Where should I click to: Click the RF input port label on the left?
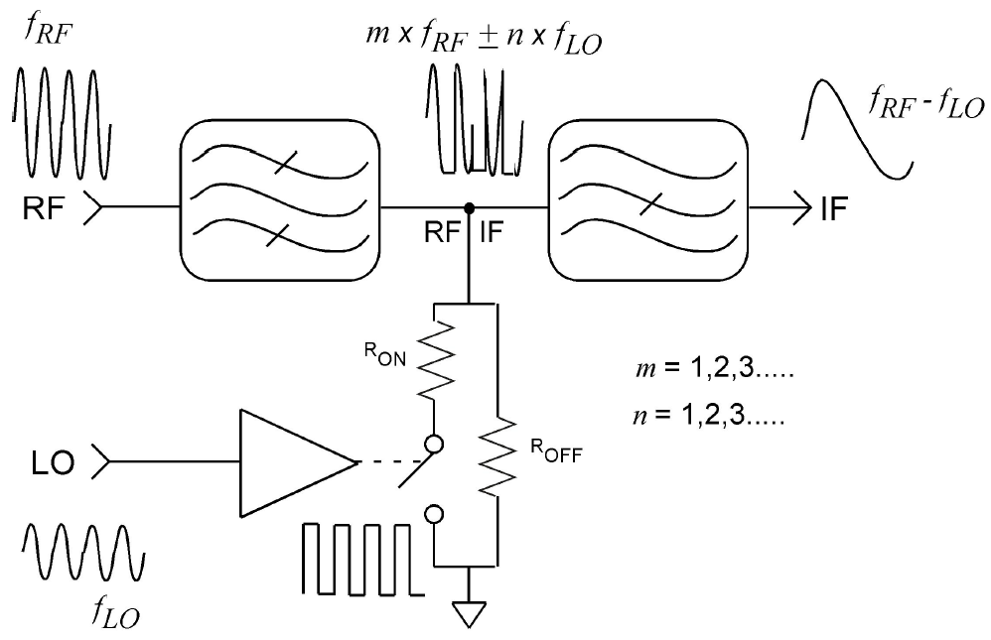pyautogui.click(x=44, y=207)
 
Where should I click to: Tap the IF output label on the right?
pyautogui.click(x=834, y=208)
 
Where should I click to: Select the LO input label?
pyautogui.click(x=53, y=463)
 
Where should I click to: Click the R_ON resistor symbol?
pyautogui.click(x=435, y=359)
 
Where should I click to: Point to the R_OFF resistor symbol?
pyautogui.click(x=497, y=455)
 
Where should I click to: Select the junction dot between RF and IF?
pyautogui.click(x=469, y=207)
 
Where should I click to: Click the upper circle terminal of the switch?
pyautogui.click(x=434, y=445)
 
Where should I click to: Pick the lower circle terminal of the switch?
pyautogui.click(x=434, y=515)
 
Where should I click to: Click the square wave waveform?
pyautogui.click(x=363, y=559)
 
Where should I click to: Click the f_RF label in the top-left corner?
pyautogui.click(x=48, y=30)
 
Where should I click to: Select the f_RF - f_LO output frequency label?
pyautogui.click(x=926, y=102)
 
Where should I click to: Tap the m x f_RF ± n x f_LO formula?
pyautogui.click(x=484, y=39)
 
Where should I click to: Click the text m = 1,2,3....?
pyautogui.click(x=715, y=368)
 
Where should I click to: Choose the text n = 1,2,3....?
pyautogui.click(x=708, y=415)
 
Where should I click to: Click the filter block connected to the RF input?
pyautogui.click(x=280, y=199)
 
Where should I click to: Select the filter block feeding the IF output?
pyautogui.click(x=647, y=199)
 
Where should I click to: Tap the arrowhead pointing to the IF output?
pyautogui.click(x=802, y=207)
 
